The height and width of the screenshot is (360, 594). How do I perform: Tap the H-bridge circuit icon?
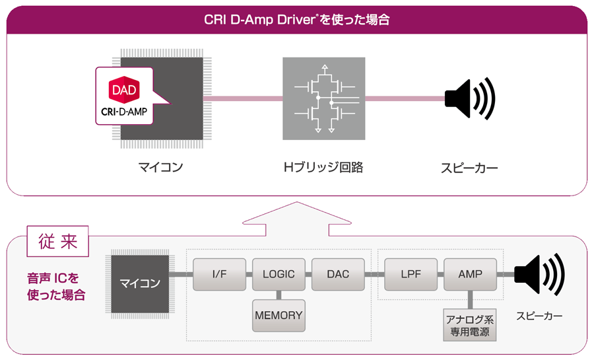(323, 98)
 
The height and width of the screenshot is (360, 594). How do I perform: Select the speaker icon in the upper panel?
(469, 98)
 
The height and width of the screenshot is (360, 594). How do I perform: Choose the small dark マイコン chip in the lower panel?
(140, 283)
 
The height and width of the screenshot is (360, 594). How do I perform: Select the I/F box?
(219, 274)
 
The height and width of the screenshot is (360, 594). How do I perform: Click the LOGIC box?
(279, 274)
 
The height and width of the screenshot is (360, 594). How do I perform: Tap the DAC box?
(338, 274)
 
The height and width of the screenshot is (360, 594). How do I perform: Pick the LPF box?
(411, 274)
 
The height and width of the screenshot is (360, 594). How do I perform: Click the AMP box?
(470, 274)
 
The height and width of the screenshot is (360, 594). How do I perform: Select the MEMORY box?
(279, 315)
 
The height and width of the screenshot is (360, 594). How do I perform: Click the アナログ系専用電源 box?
(470, 325)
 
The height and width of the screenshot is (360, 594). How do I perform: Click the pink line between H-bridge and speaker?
(404, 98)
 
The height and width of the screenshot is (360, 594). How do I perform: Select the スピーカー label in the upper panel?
(469, 168)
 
